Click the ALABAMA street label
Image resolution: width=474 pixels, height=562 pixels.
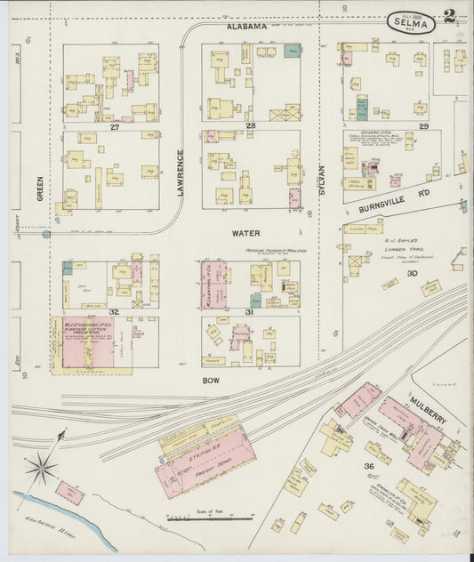pyautogui.click(x=246, y=27)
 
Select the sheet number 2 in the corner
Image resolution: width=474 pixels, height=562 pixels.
pyautogui.click(x=451, y=16)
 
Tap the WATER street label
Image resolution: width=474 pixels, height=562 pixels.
pyautogui.click(x=245, y=233)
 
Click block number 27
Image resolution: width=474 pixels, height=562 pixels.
pyautogui.click(x=114, y=127)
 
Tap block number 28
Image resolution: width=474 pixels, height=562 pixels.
pyautogui.click(x=251, y=126)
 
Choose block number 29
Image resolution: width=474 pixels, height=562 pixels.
pyautogui.click(x=424, y=127)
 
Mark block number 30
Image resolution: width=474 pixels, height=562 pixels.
pyautogui.click(x=412, y=273)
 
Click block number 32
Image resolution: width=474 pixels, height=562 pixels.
pyautogui.click(x=114, y=311)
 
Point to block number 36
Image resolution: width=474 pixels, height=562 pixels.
pyautogui.click(x=367, y=466)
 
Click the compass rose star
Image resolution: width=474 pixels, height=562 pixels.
pyautogui.click(x=41, y=466)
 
